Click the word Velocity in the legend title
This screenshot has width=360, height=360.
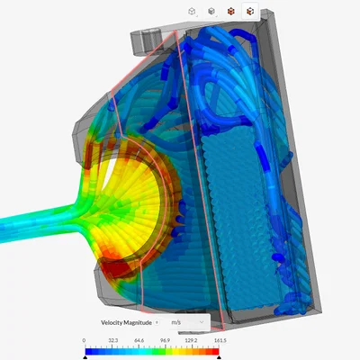pyautogui.click(x=112, y=323)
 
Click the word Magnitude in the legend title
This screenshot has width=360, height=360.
pyautogui.click(x=138, y=323)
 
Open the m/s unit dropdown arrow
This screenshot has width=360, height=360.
pyautogui.click(x=202, y=322)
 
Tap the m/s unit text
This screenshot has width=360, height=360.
pyautogui.click(x=176, y=322)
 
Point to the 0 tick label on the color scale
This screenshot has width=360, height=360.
pyautogui.click(x=84, y=340)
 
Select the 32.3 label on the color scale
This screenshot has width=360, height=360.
pyautogui.click(x=113, y=340)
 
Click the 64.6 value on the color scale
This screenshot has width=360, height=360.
pyautogui.click(x=139, y=340)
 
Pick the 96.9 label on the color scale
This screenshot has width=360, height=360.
pyautogui.click(x=165, y=340)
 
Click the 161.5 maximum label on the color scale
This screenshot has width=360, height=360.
pyautogui.click(x=220, y=340)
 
